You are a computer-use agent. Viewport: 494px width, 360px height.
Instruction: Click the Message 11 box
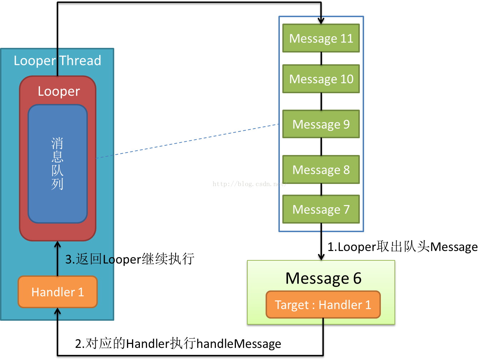321,38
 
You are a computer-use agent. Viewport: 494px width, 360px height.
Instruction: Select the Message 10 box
321,79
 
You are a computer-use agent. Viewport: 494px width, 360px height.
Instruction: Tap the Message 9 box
321,124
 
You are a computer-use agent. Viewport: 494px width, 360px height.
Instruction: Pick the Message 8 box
321,170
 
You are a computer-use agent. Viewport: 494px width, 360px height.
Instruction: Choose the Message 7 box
321,209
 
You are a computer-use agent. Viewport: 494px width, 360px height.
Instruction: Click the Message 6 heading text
323,278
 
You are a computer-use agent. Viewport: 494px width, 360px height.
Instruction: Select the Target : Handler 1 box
323,305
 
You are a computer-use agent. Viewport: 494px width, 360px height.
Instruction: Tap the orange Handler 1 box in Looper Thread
57,292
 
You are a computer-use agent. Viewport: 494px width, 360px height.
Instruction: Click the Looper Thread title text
57,60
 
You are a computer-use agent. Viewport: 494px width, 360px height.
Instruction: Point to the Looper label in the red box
59,91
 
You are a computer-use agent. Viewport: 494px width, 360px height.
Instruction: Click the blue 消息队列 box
57,164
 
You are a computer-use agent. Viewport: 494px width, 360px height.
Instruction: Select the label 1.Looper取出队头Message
402,247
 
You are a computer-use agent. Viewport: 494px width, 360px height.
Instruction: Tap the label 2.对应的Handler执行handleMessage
178,344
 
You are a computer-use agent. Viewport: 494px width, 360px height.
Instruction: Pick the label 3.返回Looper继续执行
130,259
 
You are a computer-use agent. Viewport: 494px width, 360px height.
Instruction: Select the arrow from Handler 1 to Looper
57,259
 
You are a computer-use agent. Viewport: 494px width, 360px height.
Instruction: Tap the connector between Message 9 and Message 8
321,147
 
